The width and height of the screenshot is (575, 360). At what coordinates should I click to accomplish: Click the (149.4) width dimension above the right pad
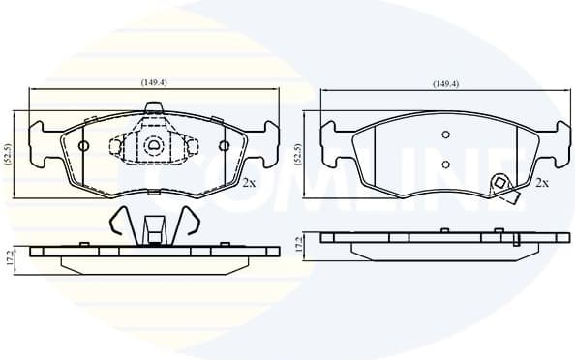445,84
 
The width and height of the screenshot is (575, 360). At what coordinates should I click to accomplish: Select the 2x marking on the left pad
249,182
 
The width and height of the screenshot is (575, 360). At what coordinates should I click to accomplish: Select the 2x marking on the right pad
543,182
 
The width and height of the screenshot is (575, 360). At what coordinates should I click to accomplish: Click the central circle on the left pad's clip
153,146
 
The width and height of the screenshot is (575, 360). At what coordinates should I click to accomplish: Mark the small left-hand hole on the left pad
83,146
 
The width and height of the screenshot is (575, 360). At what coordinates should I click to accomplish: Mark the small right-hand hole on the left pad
224,146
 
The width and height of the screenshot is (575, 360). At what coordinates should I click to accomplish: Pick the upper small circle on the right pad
445,135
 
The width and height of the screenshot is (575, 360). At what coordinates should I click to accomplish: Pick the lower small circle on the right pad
445,163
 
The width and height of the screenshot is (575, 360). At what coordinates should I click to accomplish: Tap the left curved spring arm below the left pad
119,224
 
